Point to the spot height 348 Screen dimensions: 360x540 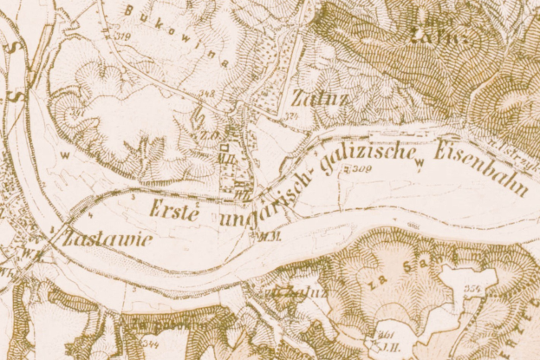point(207,93)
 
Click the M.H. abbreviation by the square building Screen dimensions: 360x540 point(227,159)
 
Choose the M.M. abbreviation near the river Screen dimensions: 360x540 point(260,236)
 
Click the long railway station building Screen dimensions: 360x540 point(394,134)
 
